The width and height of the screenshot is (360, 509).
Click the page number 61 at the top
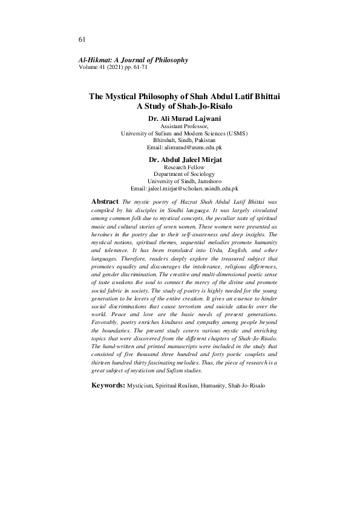coord(82,39)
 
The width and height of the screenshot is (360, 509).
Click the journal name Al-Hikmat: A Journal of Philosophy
coord(133,60)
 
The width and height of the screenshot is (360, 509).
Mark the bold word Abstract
coord(105,200)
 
